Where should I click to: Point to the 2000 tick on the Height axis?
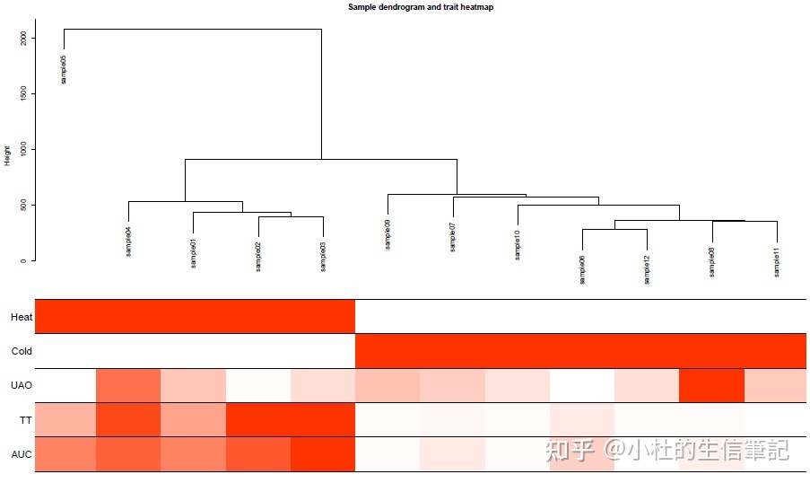click(24, 39)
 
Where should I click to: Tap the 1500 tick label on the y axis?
click(24, 94)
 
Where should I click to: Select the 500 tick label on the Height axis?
click(24, 205)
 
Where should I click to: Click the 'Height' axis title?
click(8, 155)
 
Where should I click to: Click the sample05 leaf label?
click(64, 69)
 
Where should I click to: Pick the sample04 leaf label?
click(129, 241)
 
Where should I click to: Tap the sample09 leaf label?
click(388, 233)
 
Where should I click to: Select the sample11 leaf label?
click(777, 261)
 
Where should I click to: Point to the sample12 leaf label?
click(647, 268)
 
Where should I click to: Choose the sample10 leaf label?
click(518, 244)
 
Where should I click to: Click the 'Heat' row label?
click(22, 317)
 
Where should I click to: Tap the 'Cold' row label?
click(22, 351)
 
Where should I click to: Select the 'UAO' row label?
click(22, 385)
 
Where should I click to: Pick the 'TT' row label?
click(25, 419)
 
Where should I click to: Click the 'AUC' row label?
click(22, 454)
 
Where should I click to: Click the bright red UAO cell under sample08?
click(711, 385)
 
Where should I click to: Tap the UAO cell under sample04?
click(128, 385)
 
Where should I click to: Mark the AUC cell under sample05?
click(65, 454)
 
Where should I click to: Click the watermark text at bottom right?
click(668, 450)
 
